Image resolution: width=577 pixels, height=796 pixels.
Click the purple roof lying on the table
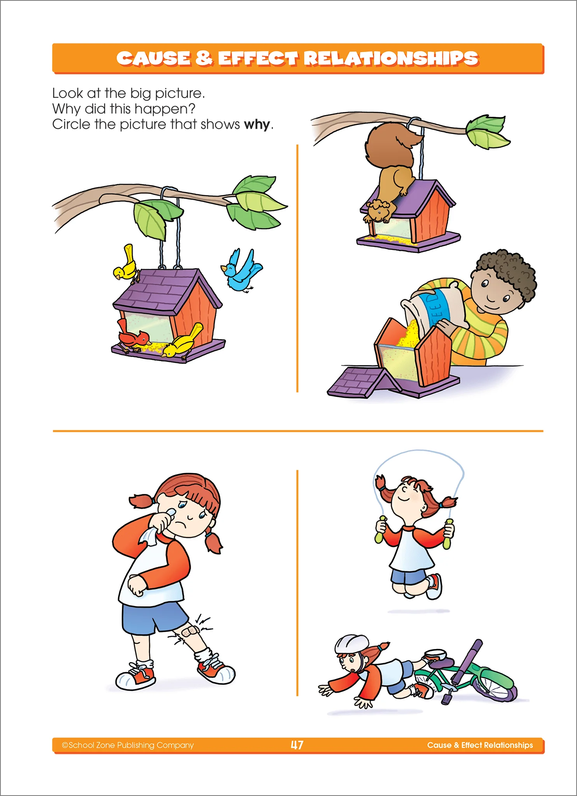coord(360,383)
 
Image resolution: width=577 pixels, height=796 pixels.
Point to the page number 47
coord(297,745)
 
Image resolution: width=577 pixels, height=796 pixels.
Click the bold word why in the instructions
coord(257,125)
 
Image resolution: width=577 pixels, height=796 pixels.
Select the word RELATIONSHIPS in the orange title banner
coord(390,58)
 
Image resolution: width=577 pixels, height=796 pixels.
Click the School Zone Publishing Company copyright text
coord(128,745)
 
